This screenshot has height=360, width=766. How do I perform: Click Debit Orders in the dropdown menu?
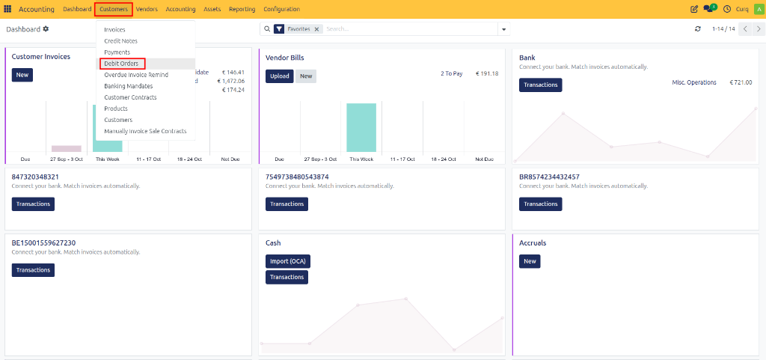(x=121, y=64)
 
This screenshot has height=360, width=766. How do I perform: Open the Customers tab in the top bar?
(x=114, y=9)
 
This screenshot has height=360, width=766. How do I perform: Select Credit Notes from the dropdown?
(x=120, y=41)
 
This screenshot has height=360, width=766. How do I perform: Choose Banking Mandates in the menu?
(x=129, y=86)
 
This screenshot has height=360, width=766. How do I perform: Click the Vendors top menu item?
(x=147, y=9)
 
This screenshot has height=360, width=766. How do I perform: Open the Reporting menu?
(x=242, y=9)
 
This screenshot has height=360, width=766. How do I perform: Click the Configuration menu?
(x=281, y=9)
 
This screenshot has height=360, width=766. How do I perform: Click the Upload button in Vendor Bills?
(x=280, y=76)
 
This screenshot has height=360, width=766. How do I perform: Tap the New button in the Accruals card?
(x=530, y=261)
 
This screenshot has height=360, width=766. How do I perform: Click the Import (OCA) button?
(x=288, y=261)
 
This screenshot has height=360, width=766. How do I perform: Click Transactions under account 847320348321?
(x=33, y=204)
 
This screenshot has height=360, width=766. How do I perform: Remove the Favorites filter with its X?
(x=316, y=29)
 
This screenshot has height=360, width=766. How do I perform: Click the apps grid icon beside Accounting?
(x=7, y=9)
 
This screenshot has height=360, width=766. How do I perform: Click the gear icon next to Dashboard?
(x=46, y=29)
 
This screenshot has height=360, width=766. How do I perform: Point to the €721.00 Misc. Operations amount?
(x=741, y=82)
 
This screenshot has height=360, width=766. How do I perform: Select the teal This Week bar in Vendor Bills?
(x=361, y=127)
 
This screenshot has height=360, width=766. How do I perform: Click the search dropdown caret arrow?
(x=503, y=29)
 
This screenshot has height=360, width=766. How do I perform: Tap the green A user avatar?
(x=759, y=9)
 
